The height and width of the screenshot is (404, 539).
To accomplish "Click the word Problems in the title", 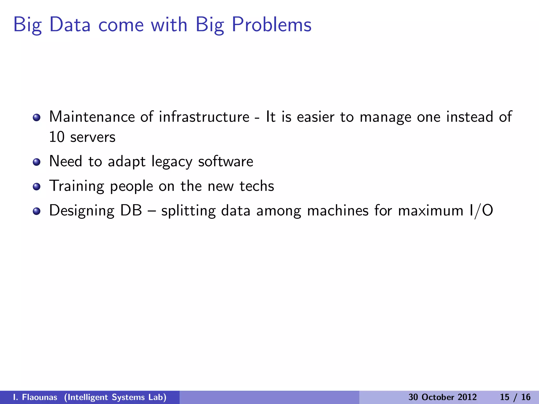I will (x=272, y=25).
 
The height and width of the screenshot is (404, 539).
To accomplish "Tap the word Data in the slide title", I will (x=70, y=25).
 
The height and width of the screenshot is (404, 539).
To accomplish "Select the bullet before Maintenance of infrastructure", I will (x=37, y=117).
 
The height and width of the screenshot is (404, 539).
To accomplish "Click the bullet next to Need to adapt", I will (x=37, y=162).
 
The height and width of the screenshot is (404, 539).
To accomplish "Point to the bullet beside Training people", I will (x=37, y=186).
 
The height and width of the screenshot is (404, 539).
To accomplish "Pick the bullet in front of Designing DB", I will (x=37, y=211).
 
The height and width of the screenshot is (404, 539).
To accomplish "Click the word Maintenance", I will (x=92, y=117).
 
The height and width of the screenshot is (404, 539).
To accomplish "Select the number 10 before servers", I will (x=57, y=137).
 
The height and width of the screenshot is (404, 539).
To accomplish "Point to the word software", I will (x=226, y=161).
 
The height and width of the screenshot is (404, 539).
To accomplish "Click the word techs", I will (x=257, y=186).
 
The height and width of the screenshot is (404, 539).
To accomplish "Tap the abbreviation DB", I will (x=131, y=210).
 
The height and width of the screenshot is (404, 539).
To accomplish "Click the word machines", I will (x=338, y=211).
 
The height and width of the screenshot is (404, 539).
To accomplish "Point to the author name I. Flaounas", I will (x=35, y=397).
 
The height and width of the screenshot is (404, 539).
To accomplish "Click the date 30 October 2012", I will (x=442, y=397).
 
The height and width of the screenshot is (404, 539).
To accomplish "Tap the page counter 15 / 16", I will (x=515, y=397).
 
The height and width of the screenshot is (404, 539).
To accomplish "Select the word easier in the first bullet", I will (x=316, y=117).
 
